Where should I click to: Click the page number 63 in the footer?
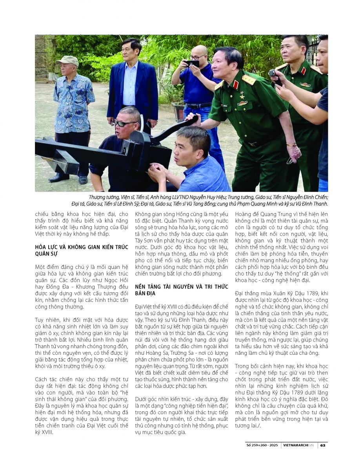(x=322, y=445)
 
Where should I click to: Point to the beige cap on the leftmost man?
(x=67, y=60)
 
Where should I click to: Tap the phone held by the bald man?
(x=193, y=63)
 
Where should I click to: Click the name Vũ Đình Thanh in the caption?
(x=312, y=203)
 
